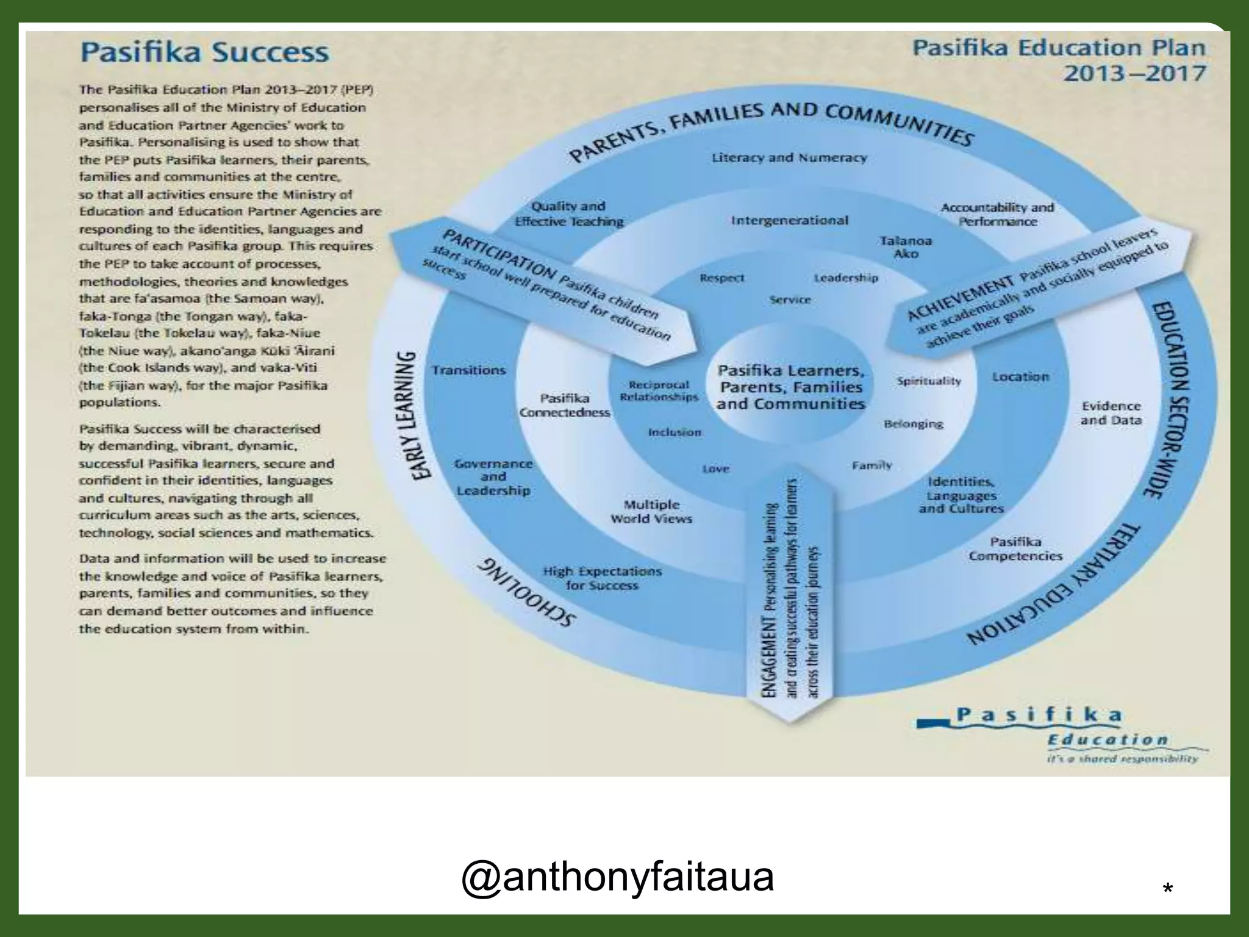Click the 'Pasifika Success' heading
[205, 52]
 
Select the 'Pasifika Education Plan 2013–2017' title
[1059, 60]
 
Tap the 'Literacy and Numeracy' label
[789, 158]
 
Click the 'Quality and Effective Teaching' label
[569, 214]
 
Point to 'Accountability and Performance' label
[997, 215]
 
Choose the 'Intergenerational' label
[789, 220]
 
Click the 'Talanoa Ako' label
[906, 247]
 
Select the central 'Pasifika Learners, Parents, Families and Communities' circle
[790, 387]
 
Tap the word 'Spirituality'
[928, 381]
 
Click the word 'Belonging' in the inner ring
[913, 424]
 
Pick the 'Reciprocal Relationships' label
[659, 391]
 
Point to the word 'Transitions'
[468, 370]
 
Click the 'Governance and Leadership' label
[493, 477]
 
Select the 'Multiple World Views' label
[651, 512]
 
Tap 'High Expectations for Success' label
[602, 578]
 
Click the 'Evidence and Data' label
[1111, 413]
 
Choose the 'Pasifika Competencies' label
[1015, 549]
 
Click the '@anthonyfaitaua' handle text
[617, 877]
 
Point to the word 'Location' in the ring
[1020, 377]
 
